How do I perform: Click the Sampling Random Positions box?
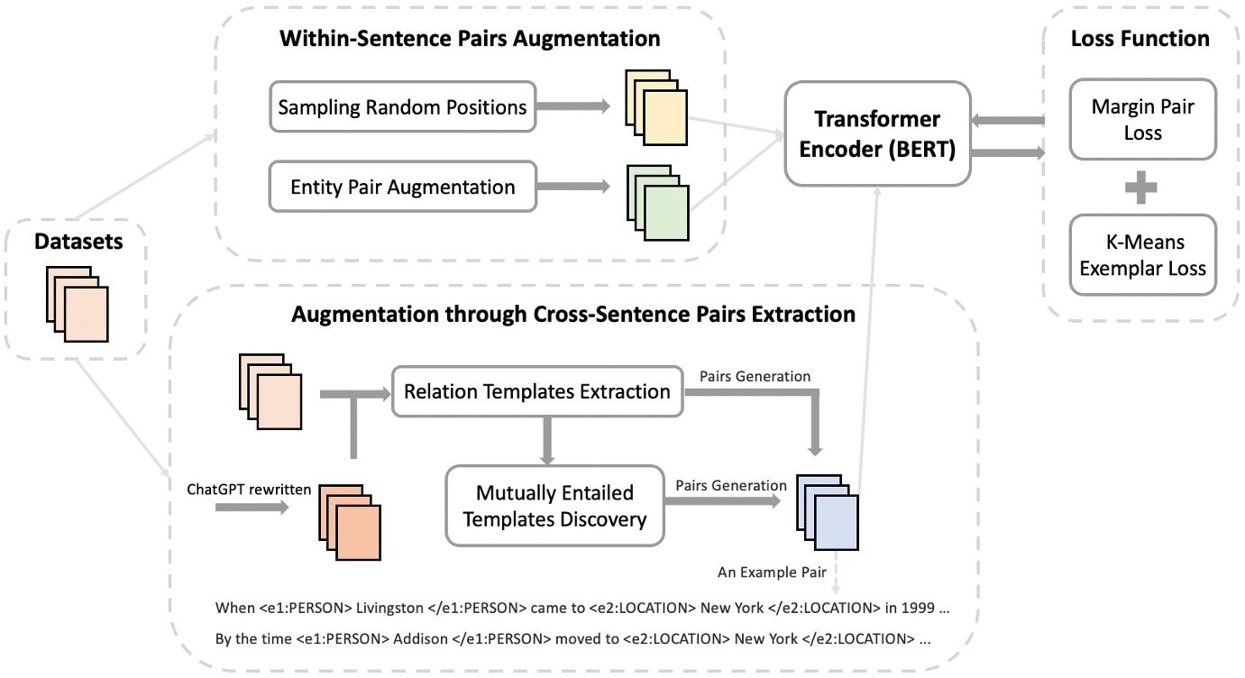(x=402, y=108)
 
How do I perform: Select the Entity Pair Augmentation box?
(x=402, y=188)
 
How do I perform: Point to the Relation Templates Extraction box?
(x=537, y=392)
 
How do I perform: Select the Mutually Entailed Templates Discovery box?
(x=554, y=507)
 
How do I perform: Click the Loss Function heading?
(x=1140, y=39)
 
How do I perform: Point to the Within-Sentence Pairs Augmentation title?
(x=470, y=40)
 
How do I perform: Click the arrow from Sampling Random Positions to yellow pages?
(x=572, y=107)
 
